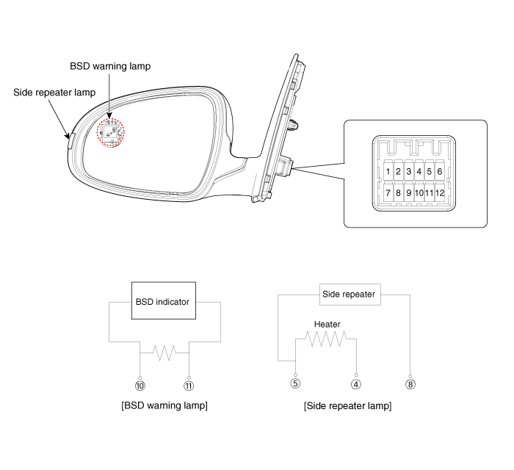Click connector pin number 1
388,171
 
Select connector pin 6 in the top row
440,171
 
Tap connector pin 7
388,192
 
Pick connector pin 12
440,192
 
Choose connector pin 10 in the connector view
419,192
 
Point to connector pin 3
408,171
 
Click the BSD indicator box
164,300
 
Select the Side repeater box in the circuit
350,294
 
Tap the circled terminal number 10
140,386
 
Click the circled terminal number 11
189,386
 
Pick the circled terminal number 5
295,383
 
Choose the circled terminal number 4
356,384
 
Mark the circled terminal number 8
410,384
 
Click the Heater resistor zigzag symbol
326,339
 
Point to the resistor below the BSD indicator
164,353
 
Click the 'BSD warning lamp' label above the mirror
110,66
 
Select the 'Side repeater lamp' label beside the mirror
54,93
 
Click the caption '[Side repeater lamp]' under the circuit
348,406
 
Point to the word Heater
327,324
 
